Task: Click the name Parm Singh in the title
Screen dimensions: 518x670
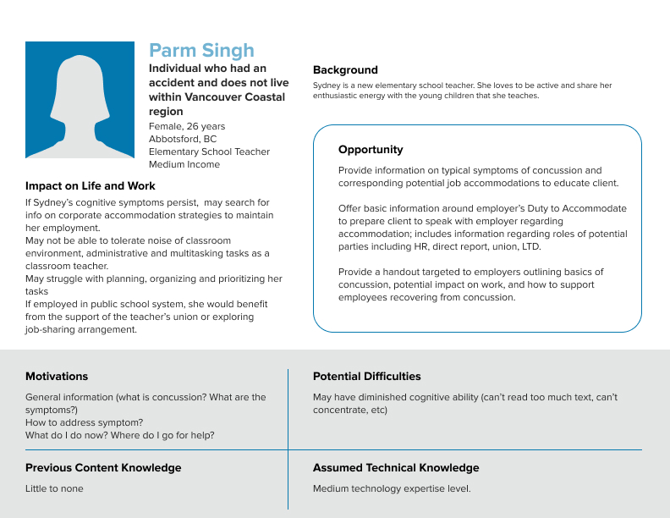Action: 201,51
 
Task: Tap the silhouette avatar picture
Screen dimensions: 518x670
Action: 80,100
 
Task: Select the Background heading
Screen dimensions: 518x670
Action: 345,70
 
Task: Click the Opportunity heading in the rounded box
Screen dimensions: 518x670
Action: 371,150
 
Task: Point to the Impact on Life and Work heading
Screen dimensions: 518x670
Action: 91,186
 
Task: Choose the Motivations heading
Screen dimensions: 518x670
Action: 57,377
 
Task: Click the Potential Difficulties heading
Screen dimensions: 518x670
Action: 366,377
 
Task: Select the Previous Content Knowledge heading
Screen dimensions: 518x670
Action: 103,468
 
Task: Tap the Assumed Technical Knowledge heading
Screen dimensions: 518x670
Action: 396,468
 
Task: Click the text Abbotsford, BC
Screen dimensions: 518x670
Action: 183,139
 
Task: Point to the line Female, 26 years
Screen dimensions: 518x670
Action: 187,126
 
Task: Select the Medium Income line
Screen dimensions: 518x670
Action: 184,164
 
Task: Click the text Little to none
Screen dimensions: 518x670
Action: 54,488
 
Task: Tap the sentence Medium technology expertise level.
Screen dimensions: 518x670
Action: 392,488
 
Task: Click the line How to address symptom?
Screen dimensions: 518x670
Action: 84,422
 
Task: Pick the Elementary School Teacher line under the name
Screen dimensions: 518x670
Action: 209,152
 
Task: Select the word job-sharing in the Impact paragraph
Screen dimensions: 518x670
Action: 52,329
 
